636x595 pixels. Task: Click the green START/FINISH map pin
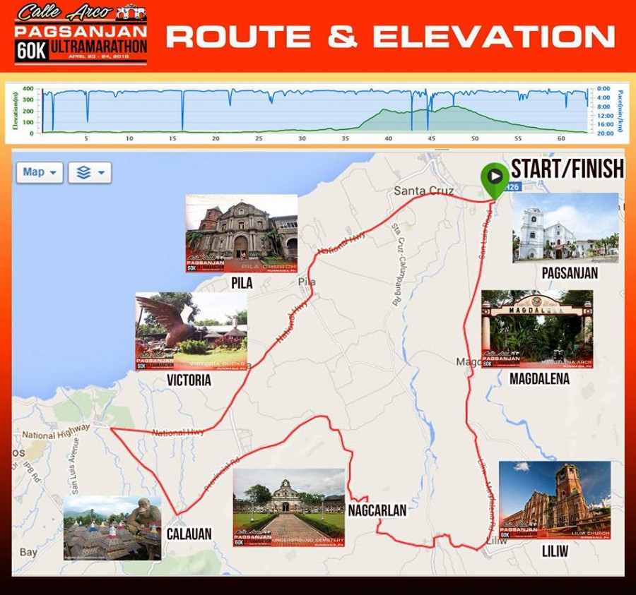click(x=494, y=176)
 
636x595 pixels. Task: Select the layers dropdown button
click(x=89, y=172)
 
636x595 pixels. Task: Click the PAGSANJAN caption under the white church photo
click(x=569, y=273)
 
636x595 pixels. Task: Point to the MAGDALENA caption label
click(x=539, y=379)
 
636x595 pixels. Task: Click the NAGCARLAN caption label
click(x=377, y=510)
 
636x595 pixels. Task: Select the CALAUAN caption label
click(x=189, y=534)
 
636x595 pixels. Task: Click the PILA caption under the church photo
click(x=241, y=283)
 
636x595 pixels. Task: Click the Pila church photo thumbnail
click(x=241, y=234)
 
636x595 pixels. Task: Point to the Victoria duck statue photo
click(x=191, y=331)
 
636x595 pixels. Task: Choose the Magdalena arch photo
click(x=537, y=329)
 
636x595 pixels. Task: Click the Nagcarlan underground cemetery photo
click(x=288, y=507)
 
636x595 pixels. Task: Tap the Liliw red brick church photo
click(x=555, y=500)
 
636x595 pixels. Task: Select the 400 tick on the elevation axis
click(x=28, y=89)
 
